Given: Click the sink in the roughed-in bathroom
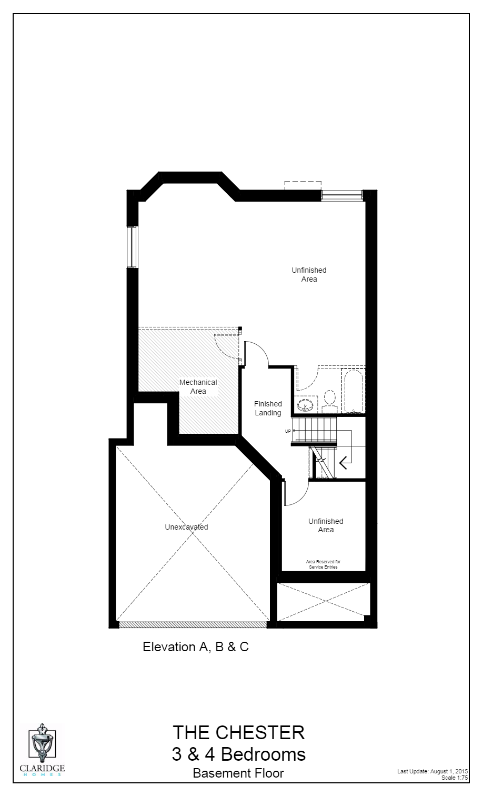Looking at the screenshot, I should pyautogui.click(x=305, y=405).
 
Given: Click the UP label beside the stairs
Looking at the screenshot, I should pyautogui.click(x=288, y=431).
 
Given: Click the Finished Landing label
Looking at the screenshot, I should pyautogui.click(x=268, y=409).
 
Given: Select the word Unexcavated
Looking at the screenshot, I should pyautogui.click(x=186, y=527).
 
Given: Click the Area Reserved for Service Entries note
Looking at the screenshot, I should pyautogui.click(x=324, y=564).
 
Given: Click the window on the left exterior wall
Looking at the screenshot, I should pyautogui.click(x=132, y=247).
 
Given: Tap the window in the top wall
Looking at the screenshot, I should pyautogui.click(x=342, y=195).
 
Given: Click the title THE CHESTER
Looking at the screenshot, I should pyautogui.click(x=238, y=732).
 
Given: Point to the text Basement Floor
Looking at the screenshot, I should pyautogui.click(x=238, y=773).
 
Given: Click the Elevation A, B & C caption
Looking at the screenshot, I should pyautogui.click(x=196, y=646).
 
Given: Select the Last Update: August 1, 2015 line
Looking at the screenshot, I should pyautogui.click(x=432, y=771).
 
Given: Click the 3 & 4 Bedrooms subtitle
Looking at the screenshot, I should pyautogui.click(x=238, y=754).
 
